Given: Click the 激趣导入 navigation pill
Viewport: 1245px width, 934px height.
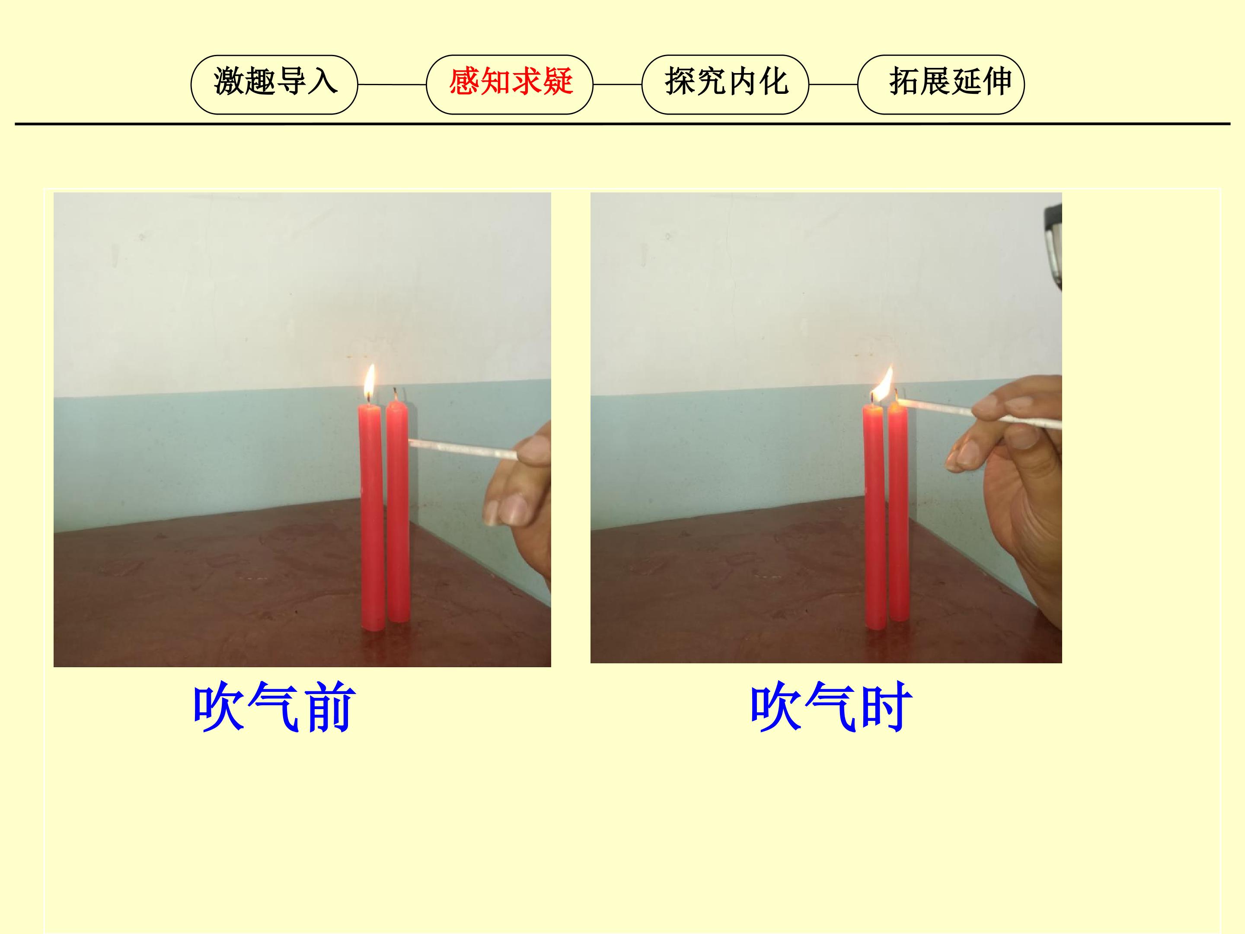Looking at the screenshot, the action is tap(274, 84).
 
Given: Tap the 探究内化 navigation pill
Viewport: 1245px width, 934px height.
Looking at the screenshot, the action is tap(725, 84).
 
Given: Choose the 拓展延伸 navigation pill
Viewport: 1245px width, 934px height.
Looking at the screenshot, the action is tap(941, 84).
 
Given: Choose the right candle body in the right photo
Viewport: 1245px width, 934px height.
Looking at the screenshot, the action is tap(898, 513).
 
